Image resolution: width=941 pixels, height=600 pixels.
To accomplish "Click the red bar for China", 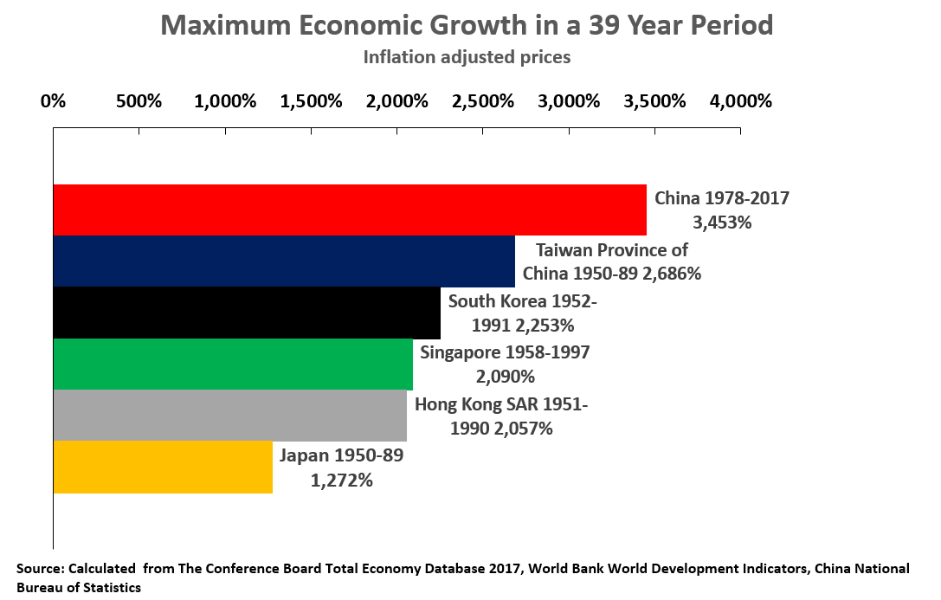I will (x=350, y=210).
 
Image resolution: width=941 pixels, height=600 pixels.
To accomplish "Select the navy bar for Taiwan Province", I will (x=284, y=261).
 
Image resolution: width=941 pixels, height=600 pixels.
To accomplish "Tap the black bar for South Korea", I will (x=247, y=313).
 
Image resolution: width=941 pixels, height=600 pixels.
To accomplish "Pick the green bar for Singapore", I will (x=233, y=364).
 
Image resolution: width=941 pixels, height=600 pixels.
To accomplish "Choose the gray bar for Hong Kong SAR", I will (x=229, y=416).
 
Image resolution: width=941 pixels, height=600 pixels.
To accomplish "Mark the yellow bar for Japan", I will (x=163, y=467).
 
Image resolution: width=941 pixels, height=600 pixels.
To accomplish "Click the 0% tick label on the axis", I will (x=54, y=100).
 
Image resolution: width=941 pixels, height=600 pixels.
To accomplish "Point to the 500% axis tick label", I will (x=139, y=100).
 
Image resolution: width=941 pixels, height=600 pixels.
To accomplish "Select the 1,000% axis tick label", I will (x=225, y=100).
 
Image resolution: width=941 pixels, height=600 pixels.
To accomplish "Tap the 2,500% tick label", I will (x=483, y=100).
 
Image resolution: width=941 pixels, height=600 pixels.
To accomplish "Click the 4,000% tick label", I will (x=740, y=100).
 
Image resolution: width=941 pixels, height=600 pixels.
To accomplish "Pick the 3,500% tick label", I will (x=654, y=100).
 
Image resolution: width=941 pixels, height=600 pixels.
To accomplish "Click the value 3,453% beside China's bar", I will (x=722, y=222).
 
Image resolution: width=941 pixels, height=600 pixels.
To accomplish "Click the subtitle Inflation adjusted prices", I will (x=467, y=57).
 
